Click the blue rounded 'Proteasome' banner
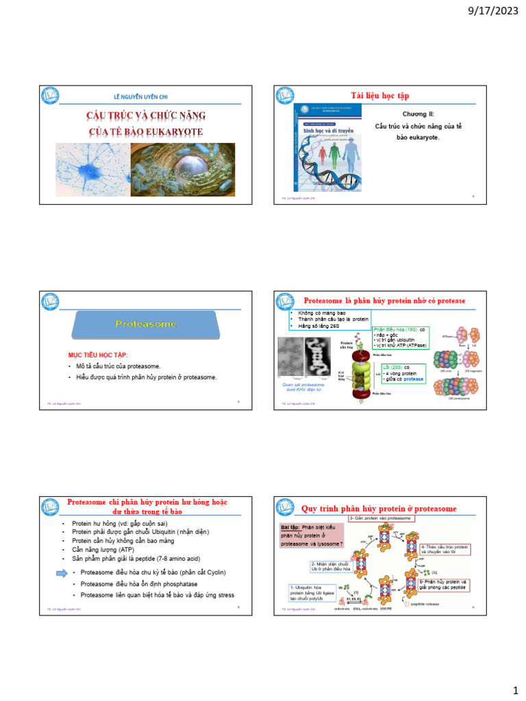[x=146, y=324]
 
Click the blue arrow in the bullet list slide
[x=60, y=572]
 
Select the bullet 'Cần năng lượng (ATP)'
[x=101, y=549]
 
